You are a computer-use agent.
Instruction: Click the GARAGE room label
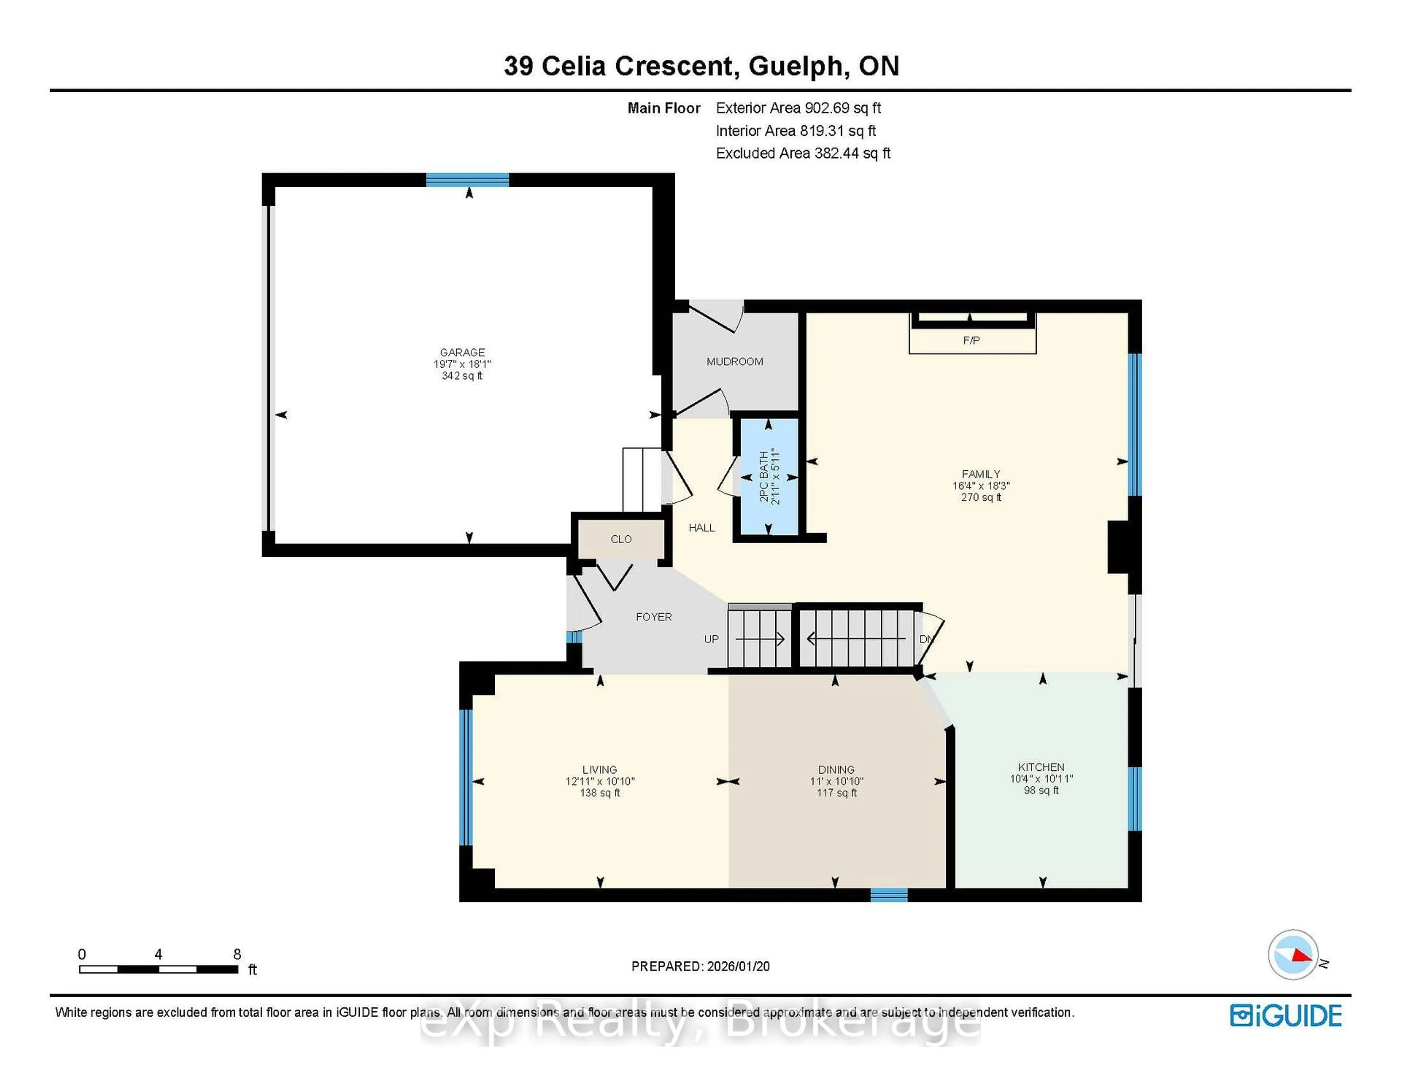(462, 352)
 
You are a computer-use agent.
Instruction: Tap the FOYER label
(654, 617)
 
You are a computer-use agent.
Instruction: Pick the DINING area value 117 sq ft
(836, 793)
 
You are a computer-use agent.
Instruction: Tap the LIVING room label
(599, 769)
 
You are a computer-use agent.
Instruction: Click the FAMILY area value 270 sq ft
(981, 497)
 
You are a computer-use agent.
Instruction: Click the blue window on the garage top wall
(467, 180)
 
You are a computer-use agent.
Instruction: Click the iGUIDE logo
(1286, 1015)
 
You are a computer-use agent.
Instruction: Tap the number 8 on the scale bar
(237, 954)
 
